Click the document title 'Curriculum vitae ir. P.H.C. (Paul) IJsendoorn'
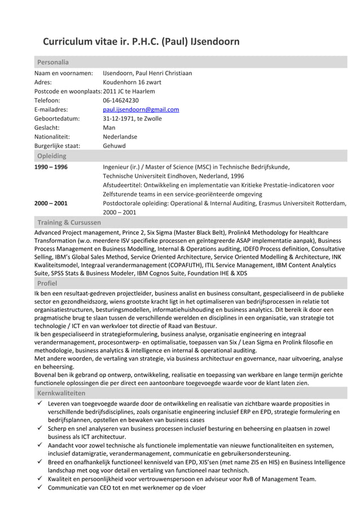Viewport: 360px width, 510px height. click(x=141, y=42)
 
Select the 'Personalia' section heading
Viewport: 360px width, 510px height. click(x=52, y=62)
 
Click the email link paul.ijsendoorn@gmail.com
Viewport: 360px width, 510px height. click(x=141, y=110)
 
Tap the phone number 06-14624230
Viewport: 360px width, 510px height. click(x=121, y=101)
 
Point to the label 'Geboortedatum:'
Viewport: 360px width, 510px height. click(x=57, y=119)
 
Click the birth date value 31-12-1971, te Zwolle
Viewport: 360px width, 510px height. click(x=132, y=119)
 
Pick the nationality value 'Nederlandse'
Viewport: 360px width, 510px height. click(x=120, y=137)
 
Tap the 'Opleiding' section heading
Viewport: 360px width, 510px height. click(x=52, y=155)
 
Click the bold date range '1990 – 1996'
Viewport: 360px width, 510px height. click(x=51, y=167)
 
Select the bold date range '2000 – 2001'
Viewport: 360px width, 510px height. click(x=51, y=203)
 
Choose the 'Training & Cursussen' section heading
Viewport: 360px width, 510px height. click(x=68, y=223)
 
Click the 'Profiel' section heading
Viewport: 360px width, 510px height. click(x=47, y=282)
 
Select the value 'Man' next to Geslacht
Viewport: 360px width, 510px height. click(x=109, y=128)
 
